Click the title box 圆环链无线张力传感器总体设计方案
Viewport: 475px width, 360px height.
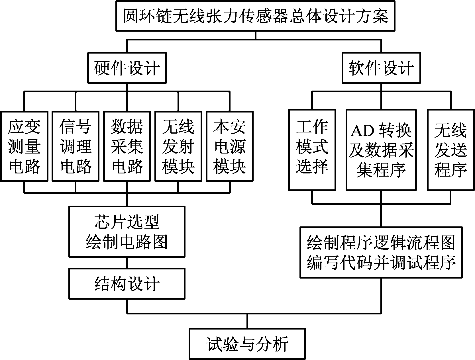click(255, 16)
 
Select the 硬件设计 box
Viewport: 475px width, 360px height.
click(127, 68)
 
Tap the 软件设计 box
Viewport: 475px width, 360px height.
click(381, 68)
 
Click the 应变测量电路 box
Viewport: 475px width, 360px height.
click(24, 146)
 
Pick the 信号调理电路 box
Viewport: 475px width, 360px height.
click(76, 146)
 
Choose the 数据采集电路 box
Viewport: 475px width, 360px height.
click(127, 146)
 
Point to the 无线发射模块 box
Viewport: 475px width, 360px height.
click(178, 146)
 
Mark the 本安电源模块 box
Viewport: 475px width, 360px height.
click(230, 146)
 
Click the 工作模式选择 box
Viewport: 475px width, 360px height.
click(312, 150)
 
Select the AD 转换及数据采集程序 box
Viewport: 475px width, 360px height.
click(381, 150)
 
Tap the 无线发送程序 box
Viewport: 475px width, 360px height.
click(450, 150)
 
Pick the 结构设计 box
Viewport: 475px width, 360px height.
click(127, 284)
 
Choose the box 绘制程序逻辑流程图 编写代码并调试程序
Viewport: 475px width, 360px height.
click(381, 252)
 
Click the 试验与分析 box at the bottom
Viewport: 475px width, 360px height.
click(247, 344)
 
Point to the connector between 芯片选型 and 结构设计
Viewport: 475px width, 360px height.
click(127, 263)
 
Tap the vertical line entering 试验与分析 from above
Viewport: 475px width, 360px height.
click(247, 321)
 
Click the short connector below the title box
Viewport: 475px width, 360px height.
click(255, 35)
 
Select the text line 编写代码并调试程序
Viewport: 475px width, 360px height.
click(381, 262)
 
